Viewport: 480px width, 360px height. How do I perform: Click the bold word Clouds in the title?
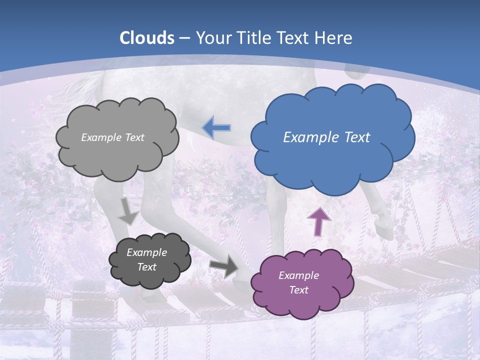click(x=147, y=38)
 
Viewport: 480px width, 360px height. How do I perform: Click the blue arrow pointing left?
click(x=216, y=128)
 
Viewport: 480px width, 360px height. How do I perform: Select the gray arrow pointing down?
click(x=128, y=211)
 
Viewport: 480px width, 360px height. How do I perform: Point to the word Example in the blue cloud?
click(x=307, y=137)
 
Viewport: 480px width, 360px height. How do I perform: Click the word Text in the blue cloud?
click(x=355, y=137)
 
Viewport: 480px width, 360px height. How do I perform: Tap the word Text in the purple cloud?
click(x=298, y=290)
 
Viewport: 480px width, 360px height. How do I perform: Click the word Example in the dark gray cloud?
click(x=146, y=252)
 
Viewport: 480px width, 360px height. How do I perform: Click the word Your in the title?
click(x=210, y=38)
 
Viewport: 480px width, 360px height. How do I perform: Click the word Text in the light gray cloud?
click(x=135, y=137)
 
